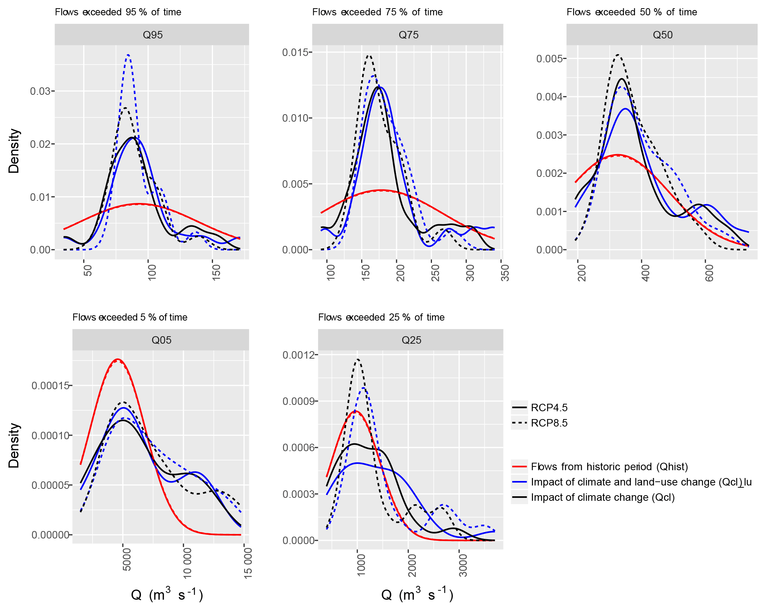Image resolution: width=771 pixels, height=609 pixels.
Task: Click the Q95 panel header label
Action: click(x=153, y=35)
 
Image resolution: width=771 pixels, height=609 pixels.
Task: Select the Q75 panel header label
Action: click(x=408, y=35)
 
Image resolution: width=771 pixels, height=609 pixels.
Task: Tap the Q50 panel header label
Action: click(x=662, y=35)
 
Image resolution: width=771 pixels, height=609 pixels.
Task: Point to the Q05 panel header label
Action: click(x=161, y=340)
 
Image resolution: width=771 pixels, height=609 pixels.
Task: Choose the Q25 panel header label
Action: click(x=411, y=340)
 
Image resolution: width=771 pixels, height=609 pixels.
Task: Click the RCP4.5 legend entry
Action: click(x=549, y=407)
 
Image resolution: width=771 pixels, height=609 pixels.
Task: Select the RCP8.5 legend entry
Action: click(x=549, y=423)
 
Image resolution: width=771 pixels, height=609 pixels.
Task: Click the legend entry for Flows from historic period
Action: click(x=609, y=467)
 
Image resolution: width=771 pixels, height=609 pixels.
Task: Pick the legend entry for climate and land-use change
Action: click(x=641, y=482)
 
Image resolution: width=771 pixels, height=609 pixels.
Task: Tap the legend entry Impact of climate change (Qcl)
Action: click(x=602, y=497)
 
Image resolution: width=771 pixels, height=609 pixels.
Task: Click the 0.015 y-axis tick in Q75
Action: click(x=295, y=52)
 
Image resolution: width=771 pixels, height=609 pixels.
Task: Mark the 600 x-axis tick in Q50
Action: click(x=709, y=273)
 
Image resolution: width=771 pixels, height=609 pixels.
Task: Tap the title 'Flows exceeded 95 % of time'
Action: click(x=118, y=12)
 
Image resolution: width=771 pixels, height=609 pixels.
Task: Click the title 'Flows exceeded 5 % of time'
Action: click(x=130, y=318)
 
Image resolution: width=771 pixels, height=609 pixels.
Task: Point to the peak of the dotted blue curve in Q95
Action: click(x=128, y=55)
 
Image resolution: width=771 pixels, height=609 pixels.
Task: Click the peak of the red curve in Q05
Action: click(x=118, y=359)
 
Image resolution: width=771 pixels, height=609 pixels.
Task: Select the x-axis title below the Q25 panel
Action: click(x=417, y=594)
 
